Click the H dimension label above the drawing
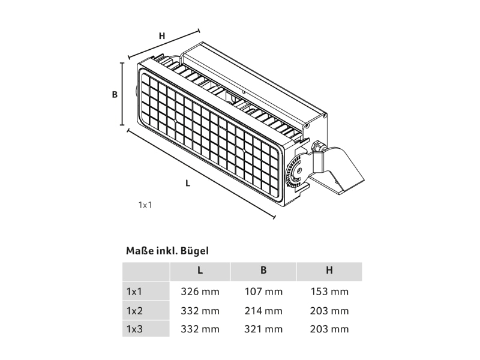coord(162,36)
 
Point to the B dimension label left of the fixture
coord(115,95)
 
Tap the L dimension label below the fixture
coord(188,183)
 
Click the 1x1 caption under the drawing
coord(145,205)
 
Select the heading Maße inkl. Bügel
coord(167,251)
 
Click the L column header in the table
coord(200,271)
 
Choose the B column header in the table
coord(263,271)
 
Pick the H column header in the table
coord(329,271)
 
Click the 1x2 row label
coord(134,311)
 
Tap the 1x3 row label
coord(134,329)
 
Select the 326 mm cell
coord(200,292)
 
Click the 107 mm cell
coord(263,292)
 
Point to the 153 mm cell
coord(329,292)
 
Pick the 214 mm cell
coord(263,311)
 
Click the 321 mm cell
coord(263,329)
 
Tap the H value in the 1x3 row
coord(329,329)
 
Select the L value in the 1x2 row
coord(200,311)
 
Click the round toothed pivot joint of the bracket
coord(297,171)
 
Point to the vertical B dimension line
coord(122,94)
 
